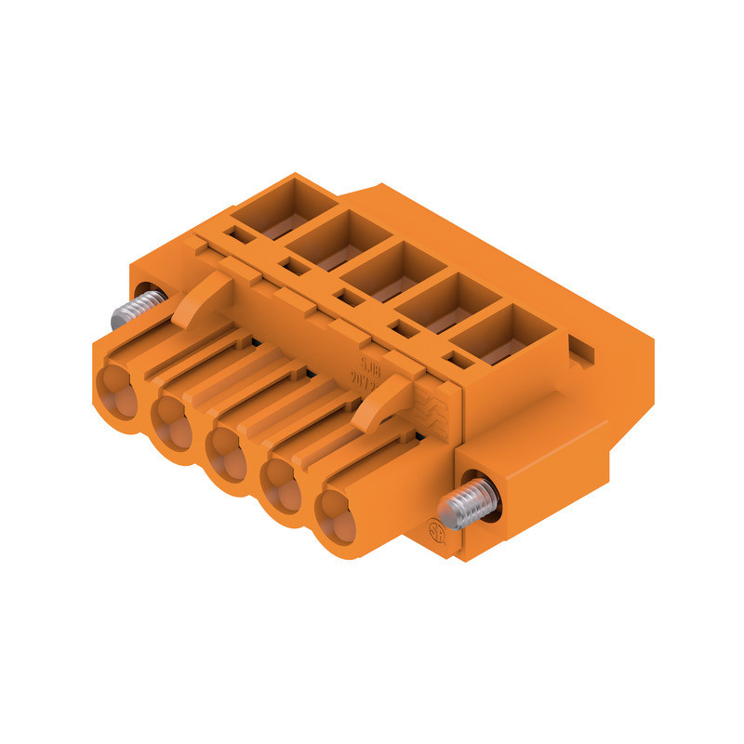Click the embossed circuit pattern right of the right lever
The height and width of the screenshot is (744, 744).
[x=433, y=408]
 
